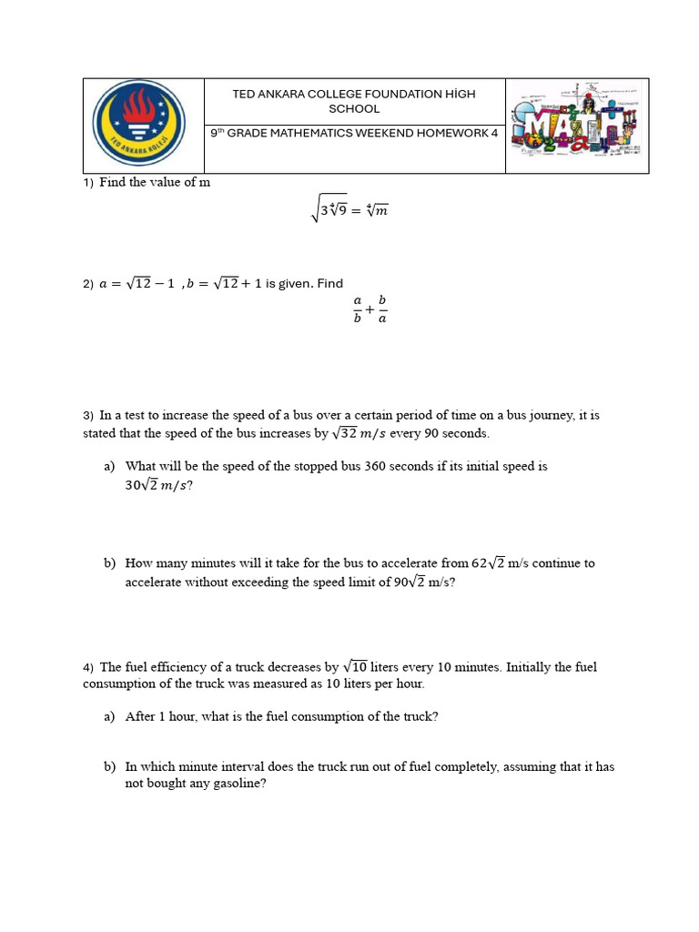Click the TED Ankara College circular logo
click(139, 124)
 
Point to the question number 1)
click(88, 183)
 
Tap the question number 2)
click(88, 284)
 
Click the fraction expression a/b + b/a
click(370, 309)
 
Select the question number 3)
click(88, 416)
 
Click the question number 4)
click(88, 668)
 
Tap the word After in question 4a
click(140, 716)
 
